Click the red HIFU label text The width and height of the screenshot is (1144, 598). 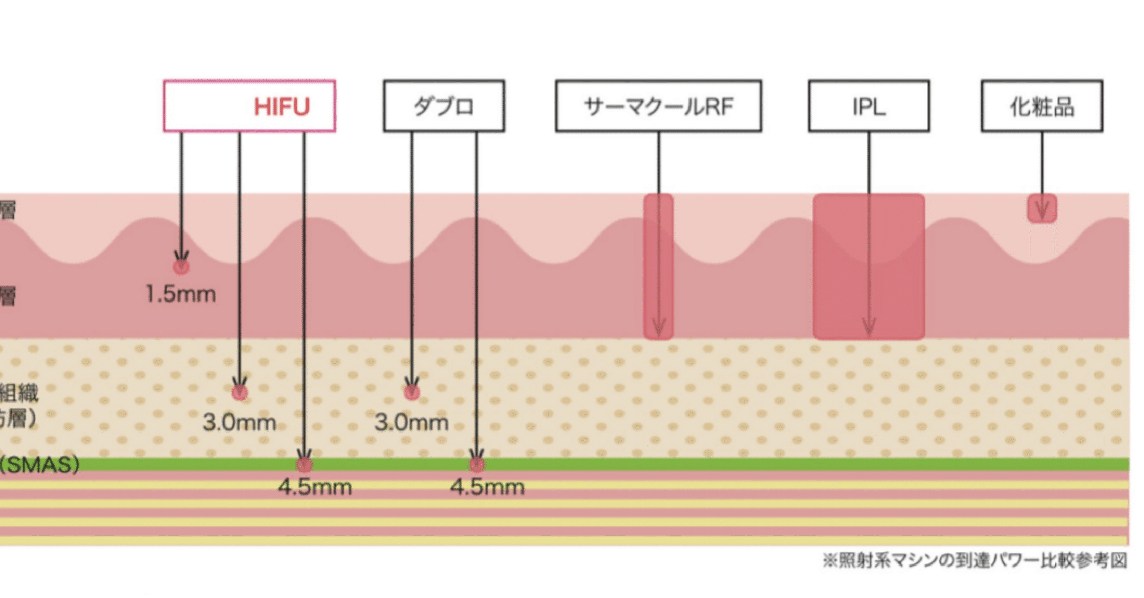click(x=281, y=107)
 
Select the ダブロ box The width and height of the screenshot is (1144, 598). click(x=444, y=106)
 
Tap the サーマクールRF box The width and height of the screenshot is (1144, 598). click(x=658, y=106)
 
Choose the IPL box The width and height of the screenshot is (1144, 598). click(x=869, y=106)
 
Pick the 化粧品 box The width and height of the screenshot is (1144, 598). click(x=1042, y=106)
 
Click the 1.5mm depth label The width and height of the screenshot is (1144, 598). click(x=181, y=294)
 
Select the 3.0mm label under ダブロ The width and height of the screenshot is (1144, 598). click(x=411, y=422)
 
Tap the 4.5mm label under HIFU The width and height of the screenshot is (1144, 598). click(x=315, y=487)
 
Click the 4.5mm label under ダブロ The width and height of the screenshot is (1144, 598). click(x=487, y=487)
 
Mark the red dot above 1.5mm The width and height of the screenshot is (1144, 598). click(x=181, y=267)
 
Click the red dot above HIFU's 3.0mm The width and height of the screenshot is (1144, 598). click(x=240, y=393)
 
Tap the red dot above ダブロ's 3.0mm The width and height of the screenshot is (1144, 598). click(x=412, y=393)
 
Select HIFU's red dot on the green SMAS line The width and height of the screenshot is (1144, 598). click(x=304, y=464)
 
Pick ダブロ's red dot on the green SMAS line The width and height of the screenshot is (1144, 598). click(x=476, y=464)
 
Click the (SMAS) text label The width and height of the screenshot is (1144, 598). click(x=40, y=465)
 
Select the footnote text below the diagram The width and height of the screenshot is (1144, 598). click(x=974, y=560)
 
